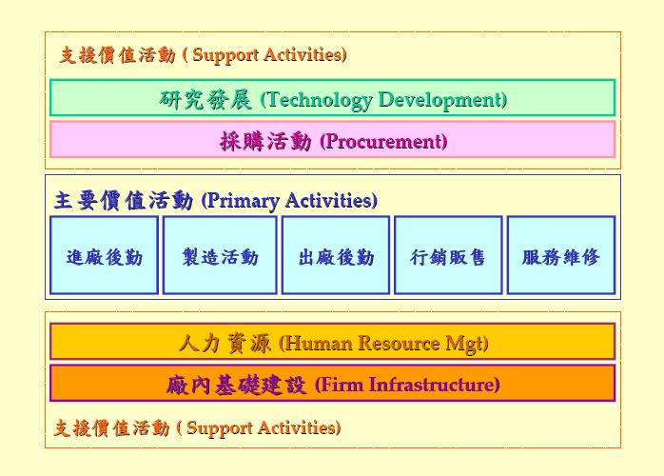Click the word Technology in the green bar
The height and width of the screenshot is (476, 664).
tap(320, 100)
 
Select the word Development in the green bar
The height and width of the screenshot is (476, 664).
tap(440, 100)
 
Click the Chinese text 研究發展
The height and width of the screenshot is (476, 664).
tap(205, 100)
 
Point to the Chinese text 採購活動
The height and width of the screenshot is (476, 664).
tap(266, 141)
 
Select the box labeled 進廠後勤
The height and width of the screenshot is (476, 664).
tap(105, 255)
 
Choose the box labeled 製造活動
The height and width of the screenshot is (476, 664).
tap(220, 255)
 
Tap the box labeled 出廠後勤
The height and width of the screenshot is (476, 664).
tap(336, 255)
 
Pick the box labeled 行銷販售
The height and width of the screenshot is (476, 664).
tap(448, 255)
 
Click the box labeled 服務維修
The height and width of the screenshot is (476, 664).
tap(561, 255)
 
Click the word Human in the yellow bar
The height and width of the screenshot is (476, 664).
tap(320, 343)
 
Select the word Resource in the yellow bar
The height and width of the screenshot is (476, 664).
tap(399, 343)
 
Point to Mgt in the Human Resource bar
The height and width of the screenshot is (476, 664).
tap(463, 344)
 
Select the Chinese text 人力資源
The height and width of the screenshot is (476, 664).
tap(225, 343)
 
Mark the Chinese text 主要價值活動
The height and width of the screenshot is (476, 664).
tap(124, 201)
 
